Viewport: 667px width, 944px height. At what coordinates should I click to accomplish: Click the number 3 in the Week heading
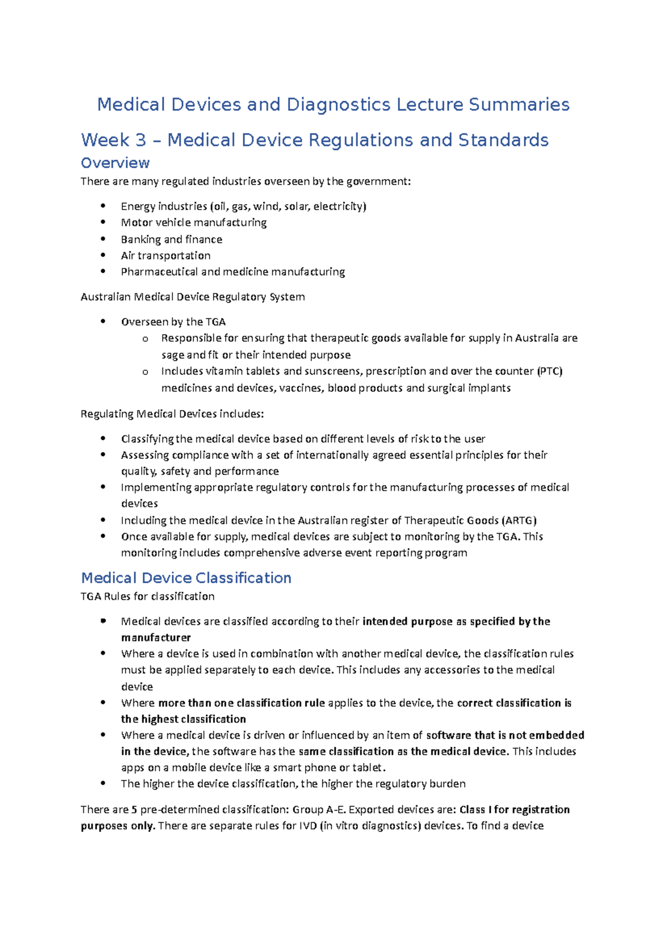coord(140,140)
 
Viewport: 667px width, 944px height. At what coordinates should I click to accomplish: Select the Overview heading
coord(115,163)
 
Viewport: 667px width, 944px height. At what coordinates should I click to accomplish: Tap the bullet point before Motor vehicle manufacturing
coord(103,222)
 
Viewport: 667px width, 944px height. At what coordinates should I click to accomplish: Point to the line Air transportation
coord(166,256)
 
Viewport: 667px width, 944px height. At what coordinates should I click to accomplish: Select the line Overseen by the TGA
coord(173,322)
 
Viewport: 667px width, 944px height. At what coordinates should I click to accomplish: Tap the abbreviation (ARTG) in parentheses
coord(519,521)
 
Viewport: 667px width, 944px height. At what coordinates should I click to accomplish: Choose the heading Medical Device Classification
coord(186,578)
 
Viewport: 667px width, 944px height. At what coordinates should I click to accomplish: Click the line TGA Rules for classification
coord(147,597)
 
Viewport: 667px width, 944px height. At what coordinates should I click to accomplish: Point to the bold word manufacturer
coord(156,638)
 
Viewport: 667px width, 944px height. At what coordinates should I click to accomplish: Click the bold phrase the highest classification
coord(183,719)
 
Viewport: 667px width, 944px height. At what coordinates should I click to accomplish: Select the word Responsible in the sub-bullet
coord(191,338)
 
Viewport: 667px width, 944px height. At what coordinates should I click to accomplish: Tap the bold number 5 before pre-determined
coord(134,810)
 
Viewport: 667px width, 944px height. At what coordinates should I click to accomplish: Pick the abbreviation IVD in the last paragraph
coord(308,826)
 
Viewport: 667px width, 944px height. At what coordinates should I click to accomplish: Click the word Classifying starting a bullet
coord(147,439)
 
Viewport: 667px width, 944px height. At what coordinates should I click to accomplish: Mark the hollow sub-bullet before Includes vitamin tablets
coord(145,372)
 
